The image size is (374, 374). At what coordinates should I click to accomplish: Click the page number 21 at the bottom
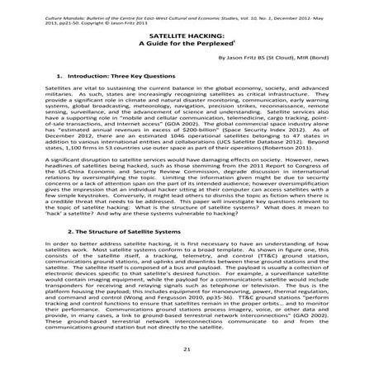187,350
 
